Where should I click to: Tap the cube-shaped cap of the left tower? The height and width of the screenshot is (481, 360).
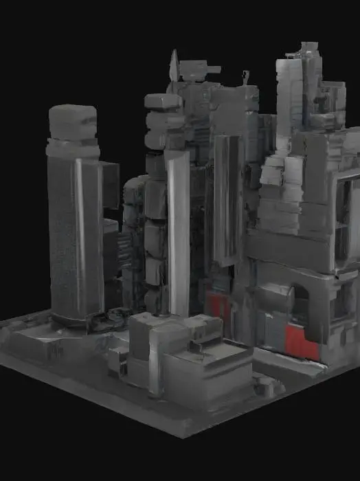pyautogui.click(x=73, y=122)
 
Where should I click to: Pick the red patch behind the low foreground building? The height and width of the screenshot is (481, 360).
pyautogui.click(x=214, y=302)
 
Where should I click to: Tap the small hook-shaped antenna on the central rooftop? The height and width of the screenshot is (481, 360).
pyautogui.click(x=245, y=77)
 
